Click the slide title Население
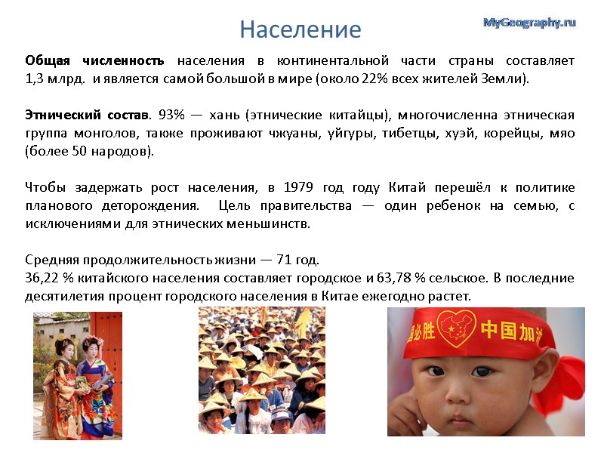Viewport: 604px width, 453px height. point(300,29)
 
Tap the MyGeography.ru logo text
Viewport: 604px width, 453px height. point(529,23)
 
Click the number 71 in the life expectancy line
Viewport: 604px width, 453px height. point(285,260)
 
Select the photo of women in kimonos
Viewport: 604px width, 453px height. point(77,375)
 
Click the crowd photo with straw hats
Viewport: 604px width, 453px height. point(261,370)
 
